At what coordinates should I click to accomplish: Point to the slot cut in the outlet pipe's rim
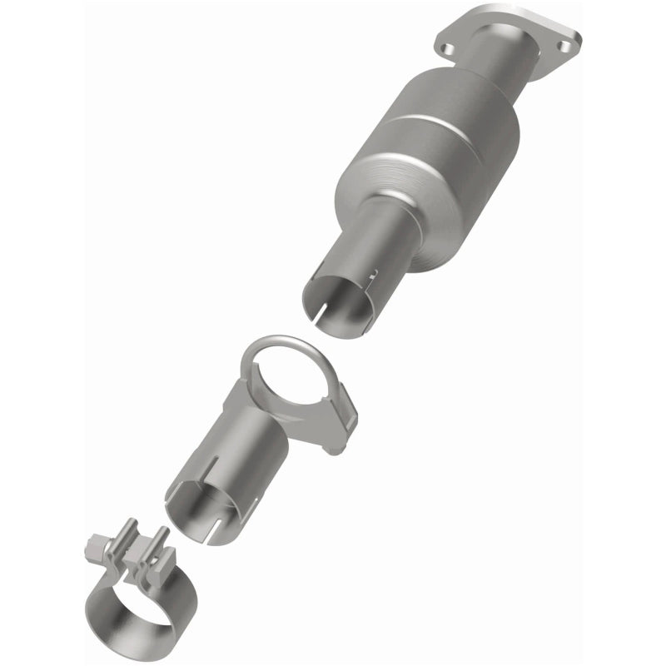(x=319, y=312)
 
